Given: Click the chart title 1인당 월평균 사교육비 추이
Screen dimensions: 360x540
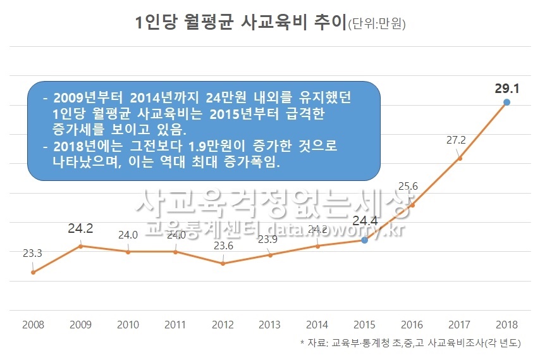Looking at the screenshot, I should tap(241, 23).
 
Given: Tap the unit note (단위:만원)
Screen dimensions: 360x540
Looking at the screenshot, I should tap(377, 25).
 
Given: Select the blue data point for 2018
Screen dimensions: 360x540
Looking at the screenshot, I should tap(506, 102).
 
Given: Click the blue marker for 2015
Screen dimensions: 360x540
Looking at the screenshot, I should tap(364, 240).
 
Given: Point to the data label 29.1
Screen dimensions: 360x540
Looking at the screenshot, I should tap(506, 88).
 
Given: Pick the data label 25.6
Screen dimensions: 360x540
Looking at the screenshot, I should tap(410, 186).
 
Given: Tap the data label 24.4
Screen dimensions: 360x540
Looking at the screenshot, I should tap(365, 221).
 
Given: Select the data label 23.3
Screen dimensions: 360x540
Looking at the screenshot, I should tap(32, 254).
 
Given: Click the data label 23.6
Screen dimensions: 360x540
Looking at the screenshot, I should tap(222, 245).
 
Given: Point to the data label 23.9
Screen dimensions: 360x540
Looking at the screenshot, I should tap(270, 240).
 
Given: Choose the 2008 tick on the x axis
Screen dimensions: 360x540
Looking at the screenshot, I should tap(33, 325).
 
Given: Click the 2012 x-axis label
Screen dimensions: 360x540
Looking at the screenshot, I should tap(223, 325).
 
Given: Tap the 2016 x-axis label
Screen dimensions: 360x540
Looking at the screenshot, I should tap(412, 325).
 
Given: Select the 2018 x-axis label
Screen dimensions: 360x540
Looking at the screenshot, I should tap(506, 325).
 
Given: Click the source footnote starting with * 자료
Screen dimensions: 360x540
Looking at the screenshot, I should tap(410, 344).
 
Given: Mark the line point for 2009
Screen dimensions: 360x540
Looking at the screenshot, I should tap(80, 245).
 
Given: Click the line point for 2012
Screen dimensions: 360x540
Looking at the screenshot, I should tap(223, 263).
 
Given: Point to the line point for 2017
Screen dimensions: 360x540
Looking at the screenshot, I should tap(460, 158).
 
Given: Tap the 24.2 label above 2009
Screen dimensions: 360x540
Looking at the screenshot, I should tap(80, 228).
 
